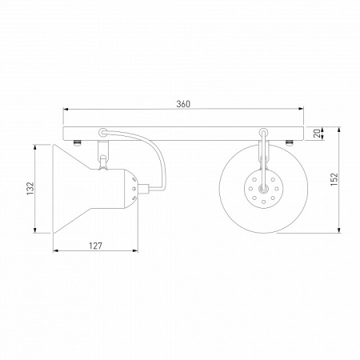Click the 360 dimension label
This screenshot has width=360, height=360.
pyautogui.click(x=183, y=104)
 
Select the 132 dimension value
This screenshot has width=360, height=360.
pyautogui.click(x=30, y=188)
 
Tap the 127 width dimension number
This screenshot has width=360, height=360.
pyautogui.click(x=95, y=246)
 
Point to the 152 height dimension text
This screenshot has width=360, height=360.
pyautogui.click(x=334, y=179)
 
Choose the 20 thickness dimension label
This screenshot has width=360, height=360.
pyautogui.click(x=317, y=133)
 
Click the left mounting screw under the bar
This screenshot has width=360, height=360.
pyautogui.click(x=77, y=143)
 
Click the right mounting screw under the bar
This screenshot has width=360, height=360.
pyautogui.click(x=290, y=143)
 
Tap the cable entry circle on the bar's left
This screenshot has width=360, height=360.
pyautogui.click(x=102, y=132)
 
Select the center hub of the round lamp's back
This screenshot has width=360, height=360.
pyautogui.click(x=263, y=189)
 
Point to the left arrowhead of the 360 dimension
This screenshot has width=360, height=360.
pyautogui.click(x=66, y=109)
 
